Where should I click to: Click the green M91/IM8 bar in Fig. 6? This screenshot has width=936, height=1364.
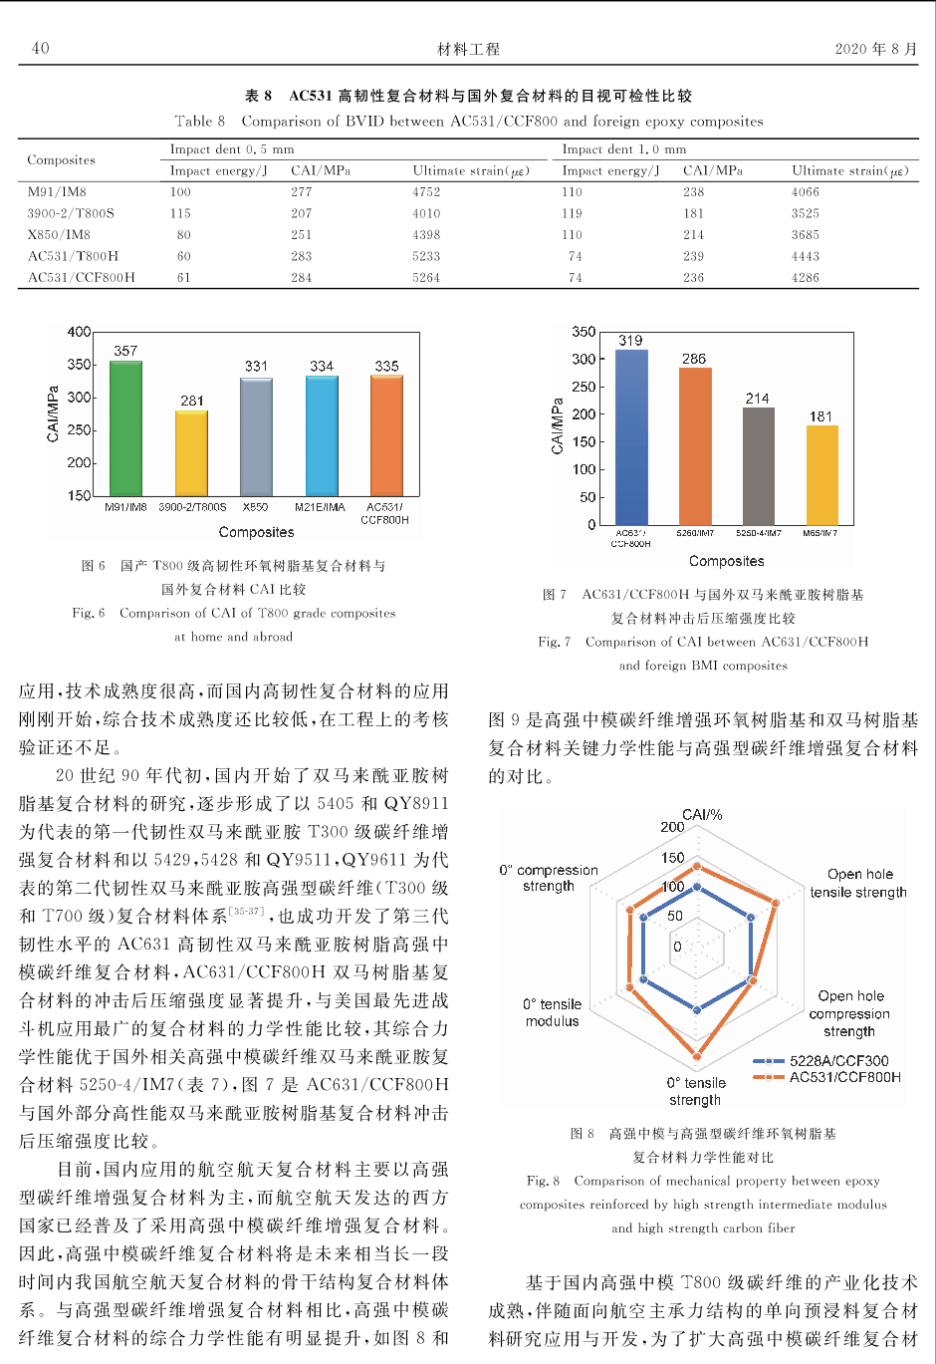click(125, 428)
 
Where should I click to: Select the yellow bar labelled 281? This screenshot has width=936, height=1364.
click(192, 453)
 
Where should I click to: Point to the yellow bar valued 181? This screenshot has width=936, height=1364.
click(821, 474)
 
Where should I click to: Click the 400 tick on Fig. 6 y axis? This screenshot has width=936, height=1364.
click(79, 332)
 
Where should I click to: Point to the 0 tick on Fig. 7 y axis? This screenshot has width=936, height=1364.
click(591, 524)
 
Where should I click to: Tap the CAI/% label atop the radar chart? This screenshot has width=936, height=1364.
click(702, 815)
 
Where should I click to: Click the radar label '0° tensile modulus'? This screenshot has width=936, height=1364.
click(552, 1012)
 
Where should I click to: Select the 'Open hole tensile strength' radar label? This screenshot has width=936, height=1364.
click(858, 883)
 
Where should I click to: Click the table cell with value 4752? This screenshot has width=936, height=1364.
click(426, 192)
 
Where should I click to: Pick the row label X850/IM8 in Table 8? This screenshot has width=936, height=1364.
click(59, 235)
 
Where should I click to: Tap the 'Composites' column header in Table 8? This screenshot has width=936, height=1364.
click(61, 159)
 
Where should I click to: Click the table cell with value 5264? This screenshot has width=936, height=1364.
click(426, 278)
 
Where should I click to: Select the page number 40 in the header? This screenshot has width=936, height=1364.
click(40, 48)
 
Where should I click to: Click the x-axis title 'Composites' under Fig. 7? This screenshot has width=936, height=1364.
click(726, 561)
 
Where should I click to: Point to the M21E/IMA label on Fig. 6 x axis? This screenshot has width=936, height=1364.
click(321, 507)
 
